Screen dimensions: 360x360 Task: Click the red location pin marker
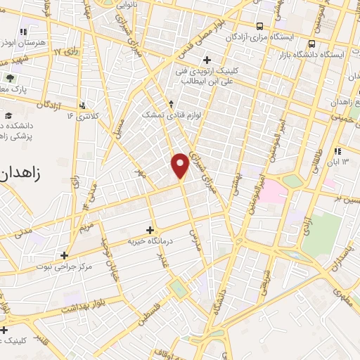tap(181, 165)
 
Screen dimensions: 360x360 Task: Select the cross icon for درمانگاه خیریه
tap(149, 229)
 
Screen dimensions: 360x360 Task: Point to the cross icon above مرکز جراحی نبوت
tap(64, 255)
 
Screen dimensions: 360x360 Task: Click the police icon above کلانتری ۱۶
tap(84, 104)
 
